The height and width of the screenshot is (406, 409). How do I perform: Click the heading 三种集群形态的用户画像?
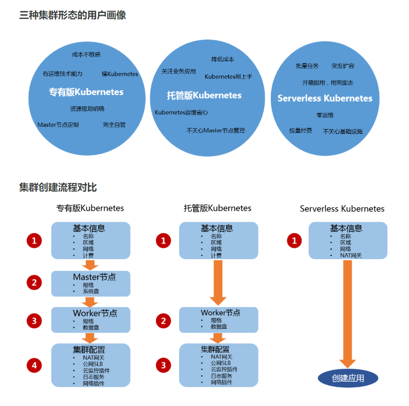(73, 15)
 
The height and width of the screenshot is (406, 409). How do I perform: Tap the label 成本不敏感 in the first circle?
(86, 55)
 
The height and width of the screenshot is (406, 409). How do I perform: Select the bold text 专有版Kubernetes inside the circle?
(86, 92)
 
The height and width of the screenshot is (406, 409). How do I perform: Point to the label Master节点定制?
(58, 125)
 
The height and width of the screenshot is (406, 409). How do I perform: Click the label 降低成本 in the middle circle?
(223, 59)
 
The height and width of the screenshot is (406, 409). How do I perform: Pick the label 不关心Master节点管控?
(216, 130)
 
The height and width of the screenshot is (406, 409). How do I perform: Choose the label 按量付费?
(301, 131)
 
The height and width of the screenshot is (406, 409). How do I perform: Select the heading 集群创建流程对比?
(58, 187)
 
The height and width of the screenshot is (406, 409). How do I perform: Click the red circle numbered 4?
(35, 366)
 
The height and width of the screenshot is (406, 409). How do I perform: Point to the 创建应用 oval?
(348, 378)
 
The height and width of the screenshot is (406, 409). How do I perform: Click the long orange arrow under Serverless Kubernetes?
(347, 313)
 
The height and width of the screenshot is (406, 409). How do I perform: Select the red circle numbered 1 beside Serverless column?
(294, 241)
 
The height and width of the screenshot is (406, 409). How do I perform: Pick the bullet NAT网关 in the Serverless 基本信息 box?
(351, 255)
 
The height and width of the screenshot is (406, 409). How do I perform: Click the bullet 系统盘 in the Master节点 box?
(91, 292)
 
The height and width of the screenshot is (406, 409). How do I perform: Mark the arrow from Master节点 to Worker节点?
(90, 302)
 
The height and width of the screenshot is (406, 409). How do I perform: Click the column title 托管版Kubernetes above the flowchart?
(217, 208)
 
